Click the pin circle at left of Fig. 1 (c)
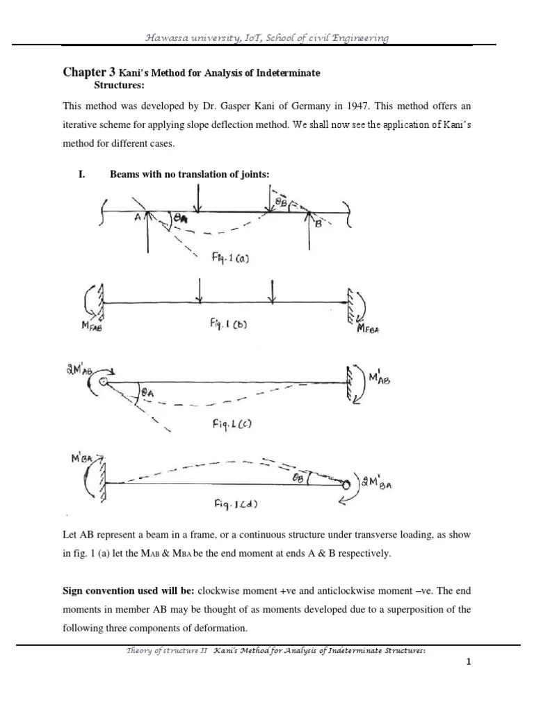pos(104,382)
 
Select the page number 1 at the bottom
pos(469,661)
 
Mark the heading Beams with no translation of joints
pos(189,175)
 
